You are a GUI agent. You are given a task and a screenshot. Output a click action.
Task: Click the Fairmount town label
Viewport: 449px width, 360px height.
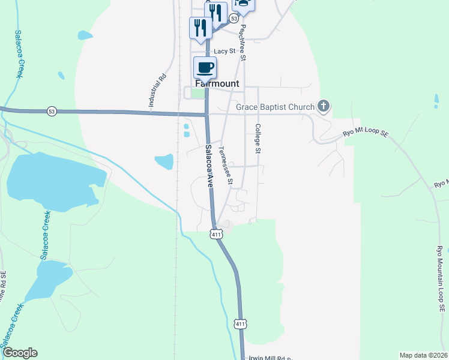point(217,84)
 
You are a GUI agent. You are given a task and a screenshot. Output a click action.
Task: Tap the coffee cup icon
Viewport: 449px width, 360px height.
point(205,68)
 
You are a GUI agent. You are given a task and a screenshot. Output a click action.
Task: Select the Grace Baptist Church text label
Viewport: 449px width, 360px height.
point(275,107)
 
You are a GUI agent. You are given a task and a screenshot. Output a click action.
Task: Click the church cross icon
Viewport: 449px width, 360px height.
point(324,107)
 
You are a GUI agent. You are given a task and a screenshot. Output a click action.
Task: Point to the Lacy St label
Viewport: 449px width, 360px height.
point(224,52)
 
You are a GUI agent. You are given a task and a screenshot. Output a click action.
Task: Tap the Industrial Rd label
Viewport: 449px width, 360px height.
point(157,91)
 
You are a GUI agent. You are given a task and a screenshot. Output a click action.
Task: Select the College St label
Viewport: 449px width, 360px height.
point(258,139)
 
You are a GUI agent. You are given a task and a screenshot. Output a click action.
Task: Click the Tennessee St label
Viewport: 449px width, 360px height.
point(226,166)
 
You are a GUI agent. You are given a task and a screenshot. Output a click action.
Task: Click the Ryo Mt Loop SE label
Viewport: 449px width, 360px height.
point(366,133)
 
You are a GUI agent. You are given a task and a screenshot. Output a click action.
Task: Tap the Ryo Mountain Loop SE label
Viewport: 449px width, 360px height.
point(441,279)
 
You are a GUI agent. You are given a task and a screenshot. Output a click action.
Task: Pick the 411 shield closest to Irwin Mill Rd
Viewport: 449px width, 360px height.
point(240,324)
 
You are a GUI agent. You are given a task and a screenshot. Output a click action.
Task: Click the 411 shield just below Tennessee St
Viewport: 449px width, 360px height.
point(215,235)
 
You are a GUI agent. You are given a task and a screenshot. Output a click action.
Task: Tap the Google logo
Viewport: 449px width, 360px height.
point(20,353)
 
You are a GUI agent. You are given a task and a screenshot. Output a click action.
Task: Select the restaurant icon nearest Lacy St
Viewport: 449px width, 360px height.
point(200,28)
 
